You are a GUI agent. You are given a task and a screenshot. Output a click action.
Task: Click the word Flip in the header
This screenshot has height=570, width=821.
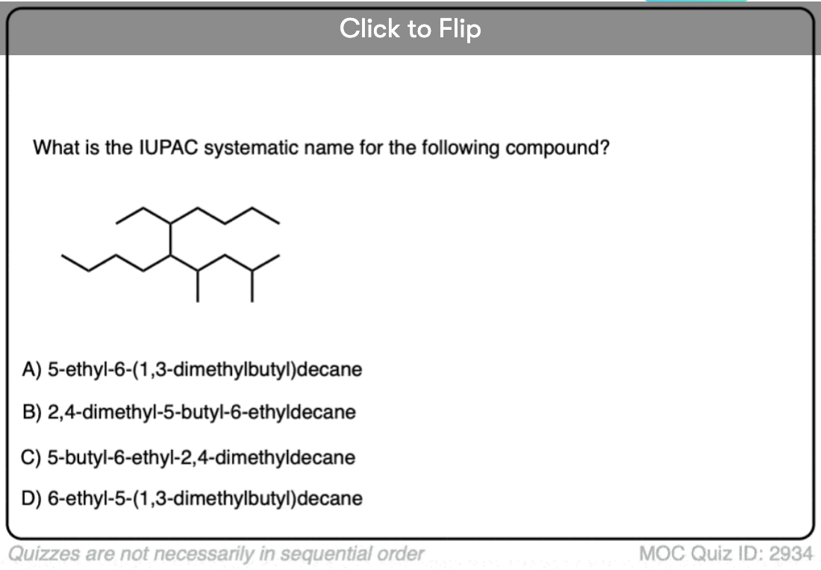click(x=460, y=29)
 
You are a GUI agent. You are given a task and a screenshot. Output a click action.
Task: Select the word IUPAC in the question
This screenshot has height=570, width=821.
click(x=169, y=148)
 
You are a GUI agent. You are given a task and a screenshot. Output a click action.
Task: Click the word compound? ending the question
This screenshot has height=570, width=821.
click(x=558, y=148)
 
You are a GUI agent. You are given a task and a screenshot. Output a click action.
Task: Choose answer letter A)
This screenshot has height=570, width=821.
click(x=31, y=369)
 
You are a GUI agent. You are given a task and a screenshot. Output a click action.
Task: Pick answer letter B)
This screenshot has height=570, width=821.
click(x=31, y=413)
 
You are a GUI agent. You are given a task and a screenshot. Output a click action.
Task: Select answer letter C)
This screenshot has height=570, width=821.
click(x=31, y=457)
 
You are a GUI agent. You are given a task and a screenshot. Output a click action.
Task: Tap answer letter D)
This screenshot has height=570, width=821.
click(x=31, y=498)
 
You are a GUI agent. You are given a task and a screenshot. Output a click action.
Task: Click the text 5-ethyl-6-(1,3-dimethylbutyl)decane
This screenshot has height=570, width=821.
click(x=205, y=369)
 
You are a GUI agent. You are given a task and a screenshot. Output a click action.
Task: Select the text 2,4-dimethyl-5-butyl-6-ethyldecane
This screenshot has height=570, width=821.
click(x=202, y=413)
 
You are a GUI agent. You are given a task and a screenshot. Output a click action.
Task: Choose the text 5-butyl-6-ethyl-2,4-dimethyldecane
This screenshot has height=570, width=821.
click(x=201, y=457)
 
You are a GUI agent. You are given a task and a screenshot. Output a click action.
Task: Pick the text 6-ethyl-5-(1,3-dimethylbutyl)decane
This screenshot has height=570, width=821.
click(x=205, y=498)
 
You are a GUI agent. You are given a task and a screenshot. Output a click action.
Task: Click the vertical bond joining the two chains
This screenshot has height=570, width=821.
click(x=170, y=239)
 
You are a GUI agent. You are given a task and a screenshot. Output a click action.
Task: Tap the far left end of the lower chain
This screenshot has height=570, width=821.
click(x=62, y=255)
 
